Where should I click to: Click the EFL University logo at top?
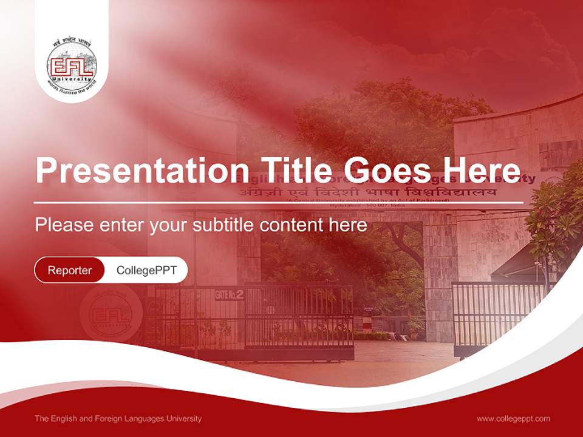pyautogui.click(x=72, y=63)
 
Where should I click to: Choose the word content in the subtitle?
pyautogui.click(x=294, y=225)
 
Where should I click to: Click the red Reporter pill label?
pyautogui.click(x=70, y=270)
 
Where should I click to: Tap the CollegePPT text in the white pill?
pyautogui.click(x=146, y=270)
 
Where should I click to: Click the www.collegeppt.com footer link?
pyautogui.click(x=513, y=418)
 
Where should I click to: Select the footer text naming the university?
pyautogui.click(x=118, y=418)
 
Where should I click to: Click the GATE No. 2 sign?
pyautogui.click(x=230, y=295)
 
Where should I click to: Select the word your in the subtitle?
pyautogui.click(x=170, y=225)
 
